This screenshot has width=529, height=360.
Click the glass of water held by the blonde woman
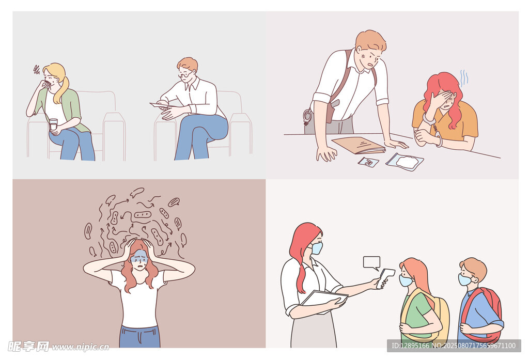click(53, 124)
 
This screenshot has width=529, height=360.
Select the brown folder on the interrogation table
click(359, 145)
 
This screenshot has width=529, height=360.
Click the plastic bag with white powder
click(405, 162)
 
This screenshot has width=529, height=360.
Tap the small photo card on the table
click(368, 162)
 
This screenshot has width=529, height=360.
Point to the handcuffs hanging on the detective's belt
click(307, 115)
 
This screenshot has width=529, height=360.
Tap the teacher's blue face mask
click(317, 248)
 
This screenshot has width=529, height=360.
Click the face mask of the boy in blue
click(464, 280)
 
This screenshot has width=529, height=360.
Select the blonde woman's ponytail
click(63, 90)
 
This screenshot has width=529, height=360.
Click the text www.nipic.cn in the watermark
click(81, 347)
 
